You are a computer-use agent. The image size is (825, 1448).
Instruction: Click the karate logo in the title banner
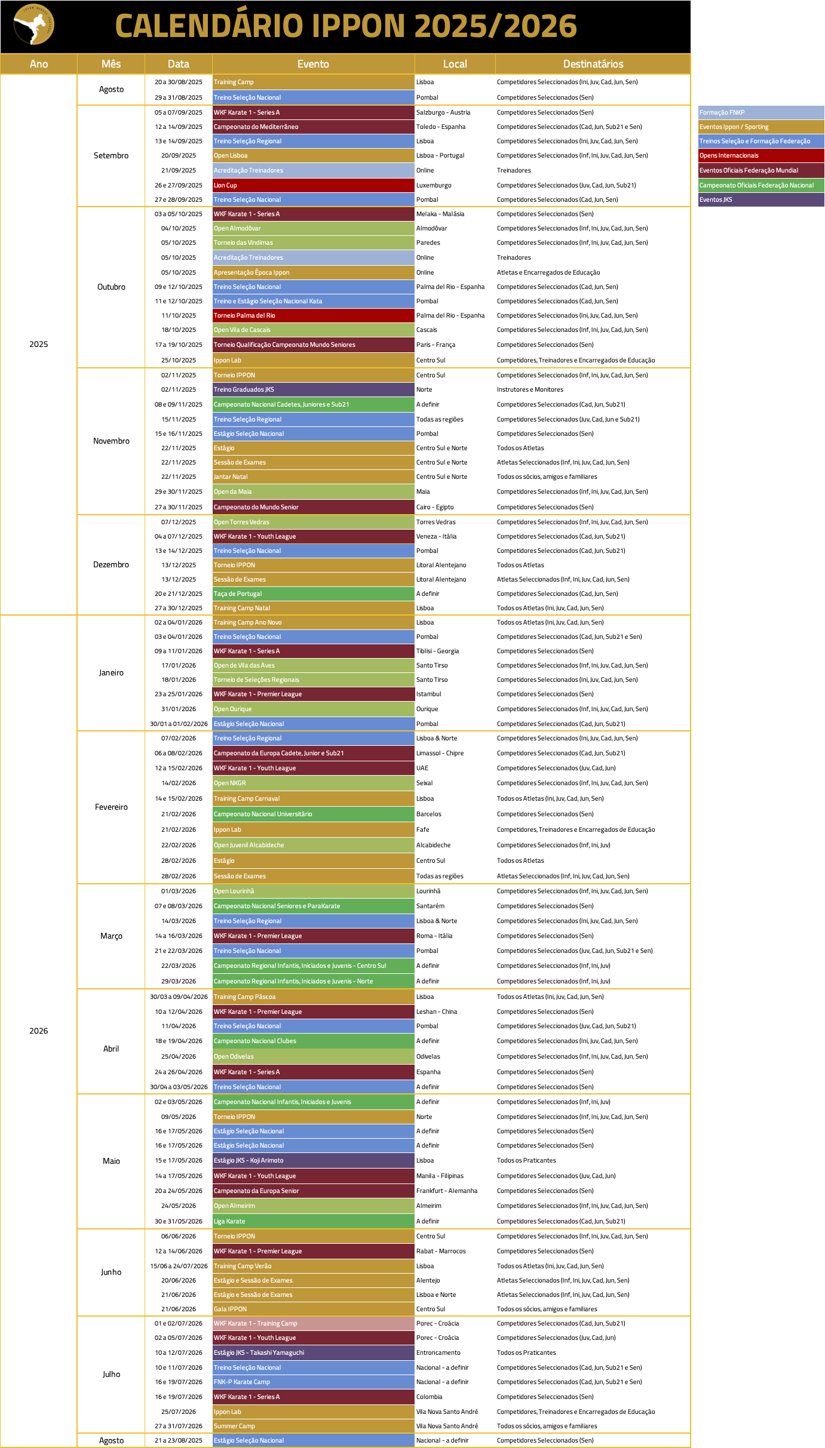[x=33, y=25]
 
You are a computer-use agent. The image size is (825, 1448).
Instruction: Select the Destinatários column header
[x=593, y=64]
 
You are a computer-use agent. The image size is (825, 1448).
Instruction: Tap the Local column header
[x=455, y=64]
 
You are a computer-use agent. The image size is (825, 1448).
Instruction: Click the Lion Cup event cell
[x=313, y=185]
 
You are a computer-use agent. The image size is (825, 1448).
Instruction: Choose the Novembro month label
[x=111, y=441]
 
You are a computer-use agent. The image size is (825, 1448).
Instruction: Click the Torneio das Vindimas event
[x=313, y=242]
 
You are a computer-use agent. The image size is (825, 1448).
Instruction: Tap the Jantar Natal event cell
[x=313, y=476]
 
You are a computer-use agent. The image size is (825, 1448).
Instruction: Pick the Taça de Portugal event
[x=313, y=594]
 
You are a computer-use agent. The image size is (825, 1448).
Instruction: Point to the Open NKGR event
[x=313, y=783]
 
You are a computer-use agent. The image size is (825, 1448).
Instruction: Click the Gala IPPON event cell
[x=313, y=1309]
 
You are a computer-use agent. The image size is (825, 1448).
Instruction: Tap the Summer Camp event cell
[x=313, y=1426]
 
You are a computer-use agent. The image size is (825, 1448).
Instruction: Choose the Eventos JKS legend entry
[x=760, y=199]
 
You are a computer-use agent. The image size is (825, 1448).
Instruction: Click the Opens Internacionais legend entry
[x=760, y=155]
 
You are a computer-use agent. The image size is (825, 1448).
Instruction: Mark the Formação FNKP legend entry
[x=760, y=112]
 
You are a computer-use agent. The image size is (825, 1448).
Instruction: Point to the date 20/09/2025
[x=179, y=155]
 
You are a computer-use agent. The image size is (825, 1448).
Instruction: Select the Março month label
[x=111, y=936]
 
